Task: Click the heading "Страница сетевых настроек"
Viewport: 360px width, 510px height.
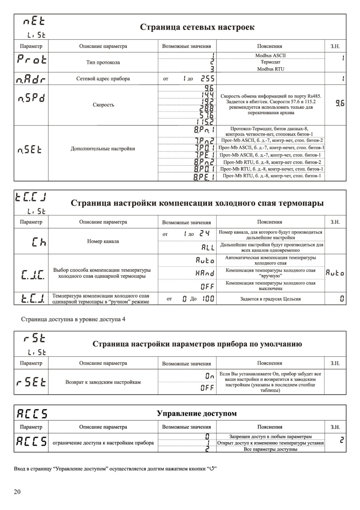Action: (197, 27)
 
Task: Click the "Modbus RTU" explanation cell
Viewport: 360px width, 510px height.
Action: (270, 69)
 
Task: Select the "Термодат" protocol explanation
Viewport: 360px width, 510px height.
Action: (270, 62)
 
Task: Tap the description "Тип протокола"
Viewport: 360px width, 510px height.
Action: (103, 62)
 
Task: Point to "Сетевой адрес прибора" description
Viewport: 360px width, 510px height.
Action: (103, 78)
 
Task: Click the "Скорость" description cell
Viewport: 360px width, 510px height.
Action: (103, 105)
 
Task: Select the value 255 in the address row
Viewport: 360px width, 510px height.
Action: (207, 79)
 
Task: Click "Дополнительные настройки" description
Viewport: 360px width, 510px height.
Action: (103, 149)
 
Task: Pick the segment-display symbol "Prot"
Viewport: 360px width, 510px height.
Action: (32, 60)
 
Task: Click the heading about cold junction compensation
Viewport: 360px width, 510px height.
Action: (197, 203)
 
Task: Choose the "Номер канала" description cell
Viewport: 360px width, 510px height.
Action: (103, 241)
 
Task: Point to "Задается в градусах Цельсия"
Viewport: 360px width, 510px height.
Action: (270, 299)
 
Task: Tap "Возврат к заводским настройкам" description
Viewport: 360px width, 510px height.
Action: (103, 382)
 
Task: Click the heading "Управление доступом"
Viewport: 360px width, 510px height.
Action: (196, 413)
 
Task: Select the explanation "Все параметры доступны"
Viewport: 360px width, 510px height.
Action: (270, 449)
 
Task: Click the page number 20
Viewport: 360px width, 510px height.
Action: (17, 492)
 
